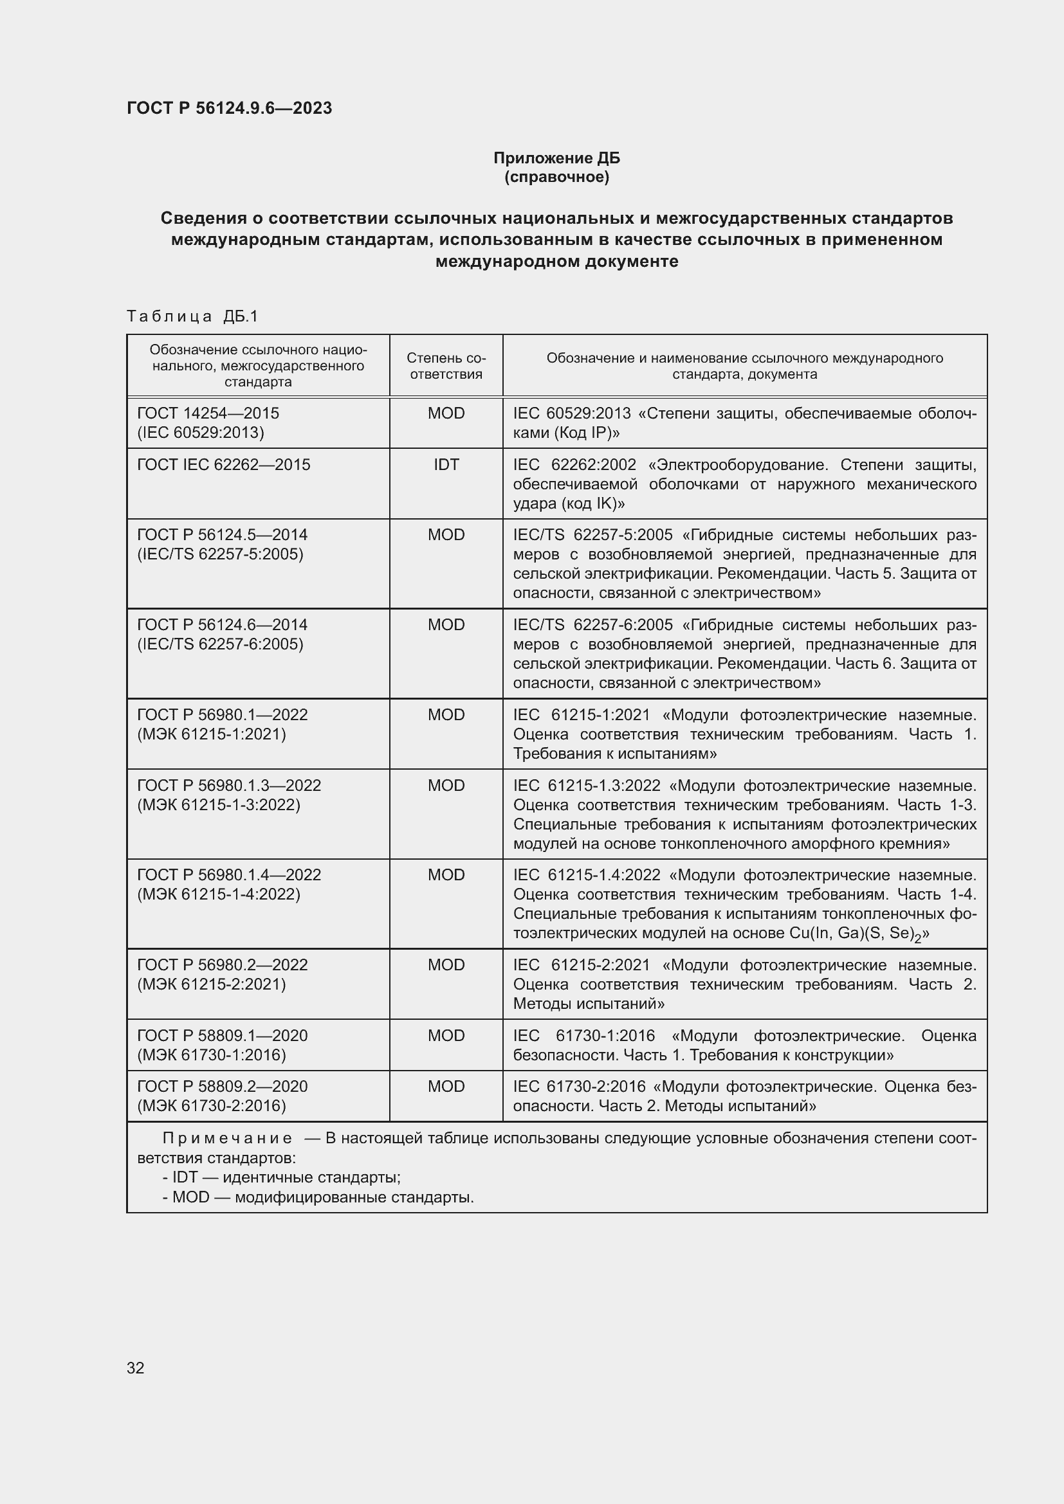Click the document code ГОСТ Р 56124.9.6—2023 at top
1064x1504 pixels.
229,108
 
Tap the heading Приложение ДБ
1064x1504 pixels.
556,158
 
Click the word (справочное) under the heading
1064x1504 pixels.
556,177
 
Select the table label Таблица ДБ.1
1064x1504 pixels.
192,316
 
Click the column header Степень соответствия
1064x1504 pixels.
446,365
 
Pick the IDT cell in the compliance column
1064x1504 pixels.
446,464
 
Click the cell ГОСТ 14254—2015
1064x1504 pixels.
208,413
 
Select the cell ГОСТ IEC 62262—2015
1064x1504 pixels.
223,464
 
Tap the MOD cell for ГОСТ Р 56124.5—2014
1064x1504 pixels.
446,534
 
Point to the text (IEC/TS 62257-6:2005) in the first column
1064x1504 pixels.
220,644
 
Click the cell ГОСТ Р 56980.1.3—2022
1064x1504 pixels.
228,784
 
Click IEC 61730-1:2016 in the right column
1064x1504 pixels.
583,1036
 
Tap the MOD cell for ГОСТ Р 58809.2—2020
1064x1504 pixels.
446,1086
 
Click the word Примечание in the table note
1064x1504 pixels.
227,1139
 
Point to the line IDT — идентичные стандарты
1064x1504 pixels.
282,1177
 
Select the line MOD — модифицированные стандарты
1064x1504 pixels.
318,1197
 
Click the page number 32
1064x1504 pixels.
136,1368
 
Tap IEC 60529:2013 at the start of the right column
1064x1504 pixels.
571,413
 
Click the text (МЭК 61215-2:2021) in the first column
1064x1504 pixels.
212,984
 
